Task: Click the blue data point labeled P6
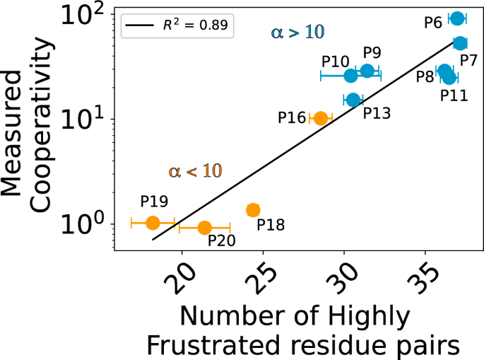coord(457,18)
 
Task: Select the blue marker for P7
coord(460,43)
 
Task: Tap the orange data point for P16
coord(320,118)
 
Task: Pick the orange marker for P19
coord(153,223)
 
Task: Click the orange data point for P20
coord(204,228)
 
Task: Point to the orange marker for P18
coord(253,209)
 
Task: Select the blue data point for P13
coord(353,100)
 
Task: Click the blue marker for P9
coord(367,71)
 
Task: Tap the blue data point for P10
coord(351,76)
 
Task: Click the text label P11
coord(454,94)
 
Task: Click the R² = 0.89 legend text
coord(194,28)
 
